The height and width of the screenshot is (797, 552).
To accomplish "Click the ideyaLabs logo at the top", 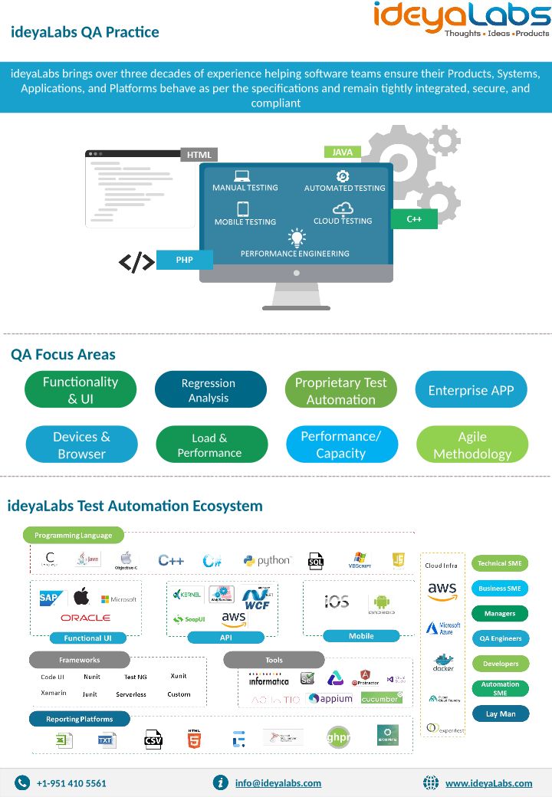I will tap(462, 18).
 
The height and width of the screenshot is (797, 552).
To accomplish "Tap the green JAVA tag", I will tap(343, 152).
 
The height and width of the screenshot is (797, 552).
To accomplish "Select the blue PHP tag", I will tap(185, 260).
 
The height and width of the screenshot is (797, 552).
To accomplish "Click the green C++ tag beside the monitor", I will tap(414, 219).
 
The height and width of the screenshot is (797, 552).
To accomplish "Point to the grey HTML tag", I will tap(199, 155).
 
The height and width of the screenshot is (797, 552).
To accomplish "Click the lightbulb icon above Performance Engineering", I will tap(296, 238).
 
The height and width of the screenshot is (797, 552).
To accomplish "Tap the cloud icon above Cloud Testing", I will tap(343, 208).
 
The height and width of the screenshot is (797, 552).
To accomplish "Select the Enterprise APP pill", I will tap(471, 390).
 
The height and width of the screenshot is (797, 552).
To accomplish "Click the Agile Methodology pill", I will tap(472, 445).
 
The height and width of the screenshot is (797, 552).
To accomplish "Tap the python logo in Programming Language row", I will tap(267, 561).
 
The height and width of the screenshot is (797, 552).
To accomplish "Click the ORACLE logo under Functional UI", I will tap(85, 618).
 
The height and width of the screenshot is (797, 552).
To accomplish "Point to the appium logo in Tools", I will tap(330, 699).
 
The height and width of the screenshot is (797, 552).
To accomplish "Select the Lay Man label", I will tap(500, 713).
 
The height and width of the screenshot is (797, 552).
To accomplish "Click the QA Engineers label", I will tap(500, 638).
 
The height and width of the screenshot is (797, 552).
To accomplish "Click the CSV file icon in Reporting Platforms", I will tap(153, 740).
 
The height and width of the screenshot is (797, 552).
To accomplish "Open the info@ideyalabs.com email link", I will tap(278, 783).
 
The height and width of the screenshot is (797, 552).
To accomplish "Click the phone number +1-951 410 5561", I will tap(71, 783).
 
